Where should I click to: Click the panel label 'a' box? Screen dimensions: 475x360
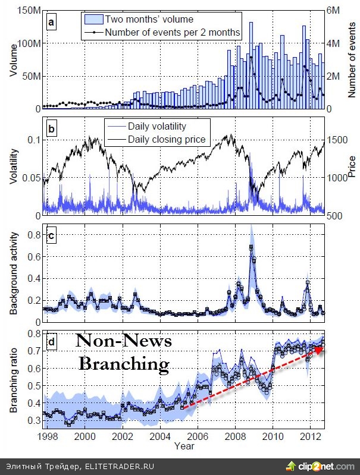pos(52,23)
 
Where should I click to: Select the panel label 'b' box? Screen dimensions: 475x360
pos(52,127)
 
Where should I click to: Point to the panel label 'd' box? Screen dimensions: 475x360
pos(52,342)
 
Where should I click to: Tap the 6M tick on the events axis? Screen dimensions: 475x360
pos(334,11)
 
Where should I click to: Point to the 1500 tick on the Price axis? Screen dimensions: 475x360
pos(337,140)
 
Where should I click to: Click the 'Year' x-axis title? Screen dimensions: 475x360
pos(184,445)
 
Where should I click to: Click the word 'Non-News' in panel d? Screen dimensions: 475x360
pos(124,341)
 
